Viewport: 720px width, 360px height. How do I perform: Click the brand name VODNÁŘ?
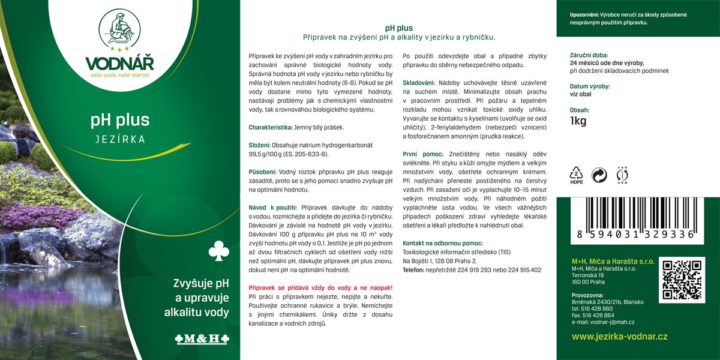120,63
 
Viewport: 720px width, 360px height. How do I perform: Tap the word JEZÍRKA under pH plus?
120,139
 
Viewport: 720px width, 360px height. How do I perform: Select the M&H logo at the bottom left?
202,338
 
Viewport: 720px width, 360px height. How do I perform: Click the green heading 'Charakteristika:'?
271,127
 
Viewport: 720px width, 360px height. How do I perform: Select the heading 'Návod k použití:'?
274,207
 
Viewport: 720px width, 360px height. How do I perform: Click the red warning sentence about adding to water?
320,287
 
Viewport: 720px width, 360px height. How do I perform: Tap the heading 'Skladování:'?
419,82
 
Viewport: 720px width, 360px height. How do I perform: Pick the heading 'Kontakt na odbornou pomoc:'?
443,243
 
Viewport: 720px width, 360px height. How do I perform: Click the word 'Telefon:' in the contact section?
414,270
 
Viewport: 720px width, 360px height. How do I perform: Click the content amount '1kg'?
578,122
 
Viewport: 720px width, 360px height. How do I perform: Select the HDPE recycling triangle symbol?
577,175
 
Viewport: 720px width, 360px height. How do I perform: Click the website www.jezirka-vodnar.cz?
619,337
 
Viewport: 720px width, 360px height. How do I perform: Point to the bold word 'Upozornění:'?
588,14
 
